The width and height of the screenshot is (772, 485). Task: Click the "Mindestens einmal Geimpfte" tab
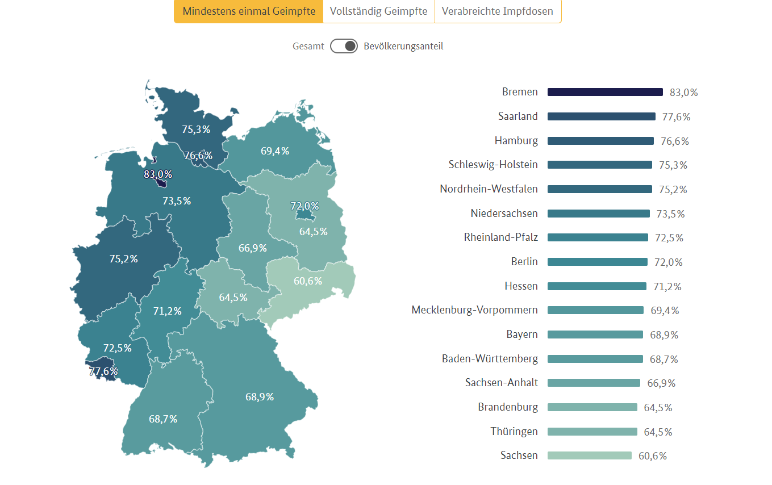pyautogui.click(x=249, y=11)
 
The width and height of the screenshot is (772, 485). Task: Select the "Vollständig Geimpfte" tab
pyautogui.click(x=378, y=11)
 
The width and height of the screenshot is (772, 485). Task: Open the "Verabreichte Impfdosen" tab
pyautogui.click(x=498, y=11)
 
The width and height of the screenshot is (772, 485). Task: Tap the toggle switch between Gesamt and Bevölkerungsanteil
pyautogui.click(x=344, y=46)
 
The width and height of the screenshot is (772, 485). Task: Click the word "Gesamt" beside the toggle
pyautogui.click(x=308, y=47)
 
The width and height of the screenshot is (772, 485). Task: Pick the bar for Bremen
pyautogui.click(x=605, y=92)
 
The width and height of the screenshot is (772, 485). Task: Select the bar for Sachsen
pyautogui.click(x=589, y=455)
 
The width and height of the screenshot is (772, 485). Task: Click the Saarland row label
pyautogui.click(x=518, y=116)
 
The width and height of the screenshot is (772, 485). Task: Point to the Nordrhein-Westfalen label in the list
pyautogui.click(x=489, y=189)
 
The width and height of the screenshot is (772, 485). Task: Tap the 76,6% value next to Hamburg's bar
pyautogui.click(x=674, y=141)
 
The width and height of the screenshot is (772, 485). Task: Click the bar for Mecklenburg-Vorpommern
pyautogui.click(x=595, y=310)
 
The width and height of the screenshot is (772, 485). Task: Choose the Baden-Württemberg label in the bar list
pyautogui.click(x=490, y=359)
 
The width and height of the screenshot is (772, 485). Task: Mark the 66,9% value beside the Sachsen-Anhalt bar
pyautogui.click(x=661, y=383)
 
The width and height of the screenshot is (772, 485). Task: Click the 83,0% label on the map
pyautogui.click(x=158, y=174)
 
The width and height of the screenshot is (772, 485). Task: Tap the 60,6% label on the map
pyautogui.click(x=308, y=281)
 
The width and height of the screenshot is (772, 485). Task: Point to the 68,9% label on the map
pyautogui.click(x=260, y=396)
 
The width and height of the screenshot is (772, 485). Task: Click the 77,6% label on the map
pyautogui.click(x=103, y=371)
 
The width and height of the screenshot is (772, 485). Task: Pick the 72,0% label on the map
pyautogui.click(x=304, y=206)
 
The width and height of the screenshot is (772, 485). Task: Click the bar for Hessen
pyautogui.click(x=596, y=286)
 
